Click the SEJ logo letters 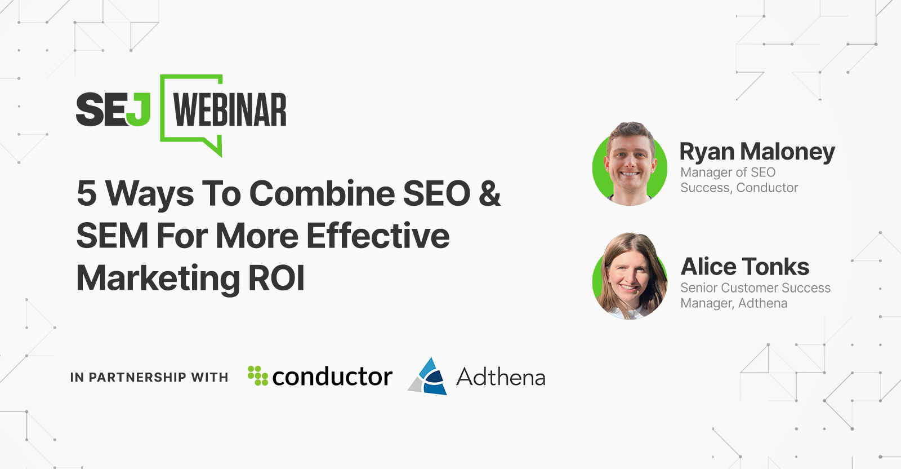[113, 109]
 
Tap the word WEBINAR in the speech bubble [230, 110]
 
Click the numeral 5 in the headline [87, 194]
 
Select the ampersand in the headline [489, 193]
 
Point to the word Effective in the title [378, 236]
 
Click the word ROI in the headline [276, 278]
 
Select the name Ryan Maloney [757, 152]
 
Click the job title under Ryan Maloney [739, 180]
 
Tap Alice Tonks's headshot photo [630, 277]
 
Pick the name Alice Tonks [745, 267]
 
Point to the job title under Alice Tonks [755, 295]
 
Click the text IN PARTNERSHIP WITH [149, 377]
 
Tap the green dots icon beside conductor [258, 375]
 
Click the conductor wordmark [332, 377]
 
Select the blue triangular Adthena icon [427, 377]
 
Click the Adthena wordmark [501, 377]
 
